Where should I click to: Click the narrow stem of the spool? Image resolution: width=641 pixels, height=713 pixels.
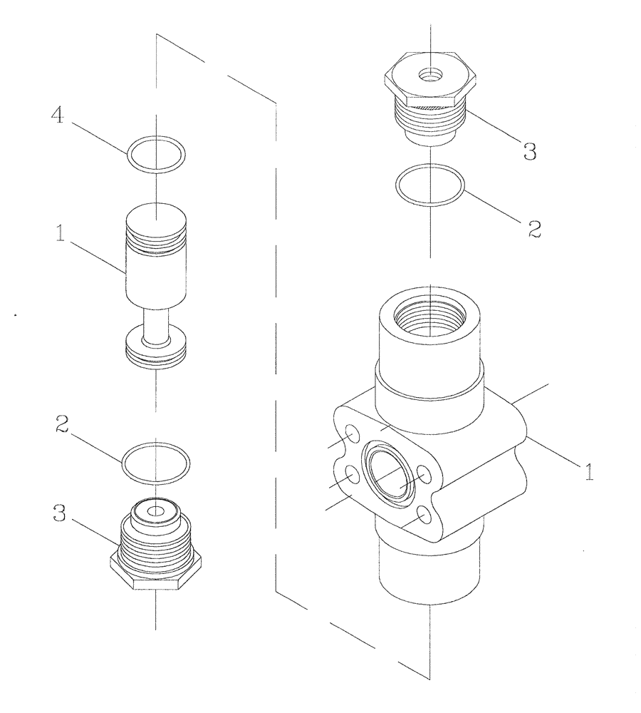pyautogui.click(x=155, y=324)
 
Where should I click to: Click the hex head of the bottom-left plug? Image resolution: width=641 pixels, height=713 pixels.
pyautogui.click(x=155, y=573)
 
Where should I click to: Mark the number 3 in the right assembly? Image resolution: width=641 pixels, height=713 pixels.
pyautogui.click(x=529, y=152)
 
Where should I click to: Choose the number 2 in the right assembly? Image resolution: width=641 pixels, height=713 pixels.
pyautogui.click(x=534, y=228)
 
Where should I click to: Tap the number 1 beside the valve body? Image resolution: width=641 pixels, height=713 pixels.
pyautogui.click(x=588, y=472)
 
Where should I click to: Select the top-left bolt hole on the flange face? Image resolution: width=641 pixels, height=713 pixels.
pyautogui.click(x=351, y=433)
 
